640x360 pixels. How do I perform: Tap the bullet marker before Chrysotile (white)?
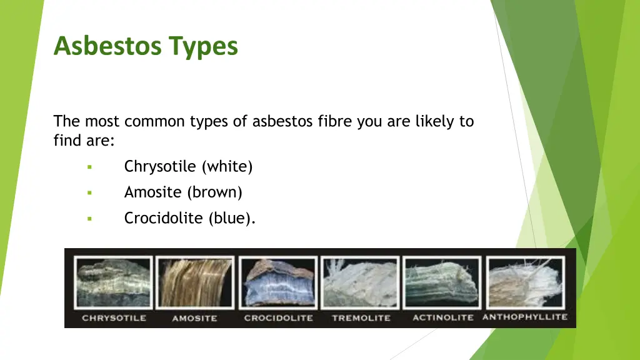89,167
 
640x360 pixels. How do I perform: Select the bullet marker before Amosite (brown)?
89,192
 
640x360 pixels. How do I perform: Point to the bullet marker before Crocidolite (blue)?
89,219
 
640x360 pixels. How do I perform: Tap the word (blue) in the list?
232,219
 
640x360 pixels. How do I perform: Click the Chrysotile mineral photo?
113,282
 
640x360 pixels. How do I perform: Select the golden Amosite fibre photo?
195,282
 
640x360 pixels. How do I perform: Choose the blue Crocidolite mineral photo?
277,282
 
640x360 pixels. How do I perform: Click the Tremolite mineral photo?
360,282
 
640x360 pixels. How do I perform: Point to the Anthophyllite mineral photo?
526,282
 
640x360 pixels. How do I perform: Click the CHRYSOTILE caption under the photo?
114,318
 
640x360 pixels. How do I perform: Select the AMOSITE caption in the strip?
194,318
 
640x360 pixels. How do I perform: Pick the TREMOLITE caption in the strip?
360,318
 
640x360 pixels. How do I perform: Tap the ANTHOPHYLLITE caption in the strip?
525,317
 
